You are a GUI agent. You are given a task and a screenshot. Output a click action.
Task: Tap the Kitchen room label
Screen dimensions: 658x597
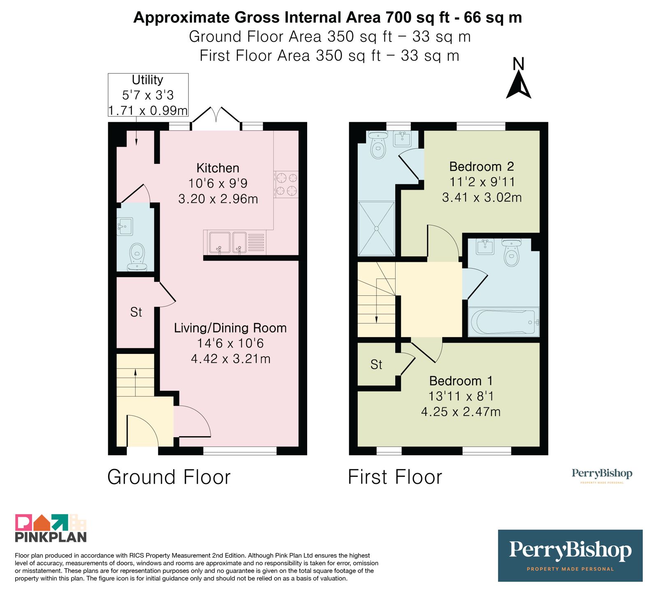point(218,168)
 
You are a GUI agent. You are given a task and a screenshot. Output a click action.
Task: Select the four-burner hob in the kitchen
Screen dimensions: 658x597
point(286,184)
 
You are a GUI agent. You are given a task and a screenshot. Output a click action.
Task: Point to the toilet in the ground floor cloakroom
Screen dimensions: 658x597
point(137,257)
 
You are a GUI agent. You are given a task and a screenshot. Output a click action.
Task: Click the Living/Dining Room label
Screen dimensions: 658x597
point(230,328)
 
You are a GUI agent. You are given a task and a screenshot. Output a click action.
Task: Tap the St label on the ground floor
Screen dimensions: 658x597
point(136,312)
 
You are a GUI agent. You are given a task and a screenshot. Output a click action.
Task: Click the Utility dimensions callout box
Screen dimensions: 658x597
point(148,95)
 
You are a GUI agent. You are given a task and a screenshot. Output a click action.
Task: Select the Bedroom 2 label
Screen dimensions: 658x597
point(482,167)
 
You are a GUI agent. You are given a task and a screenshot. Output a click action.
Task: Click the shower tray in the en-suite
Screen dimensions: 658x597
point(376,228)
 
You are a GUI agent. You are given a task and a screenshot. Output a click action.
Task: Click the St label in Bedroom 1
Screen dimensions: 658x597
point(376,365)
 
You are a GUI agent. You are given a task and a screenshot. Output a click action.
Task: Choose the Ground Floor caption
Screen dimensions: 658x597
point(169,477)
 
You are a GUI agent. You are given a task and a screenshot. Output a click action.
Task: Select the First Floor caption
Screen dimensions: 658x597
point(395,477)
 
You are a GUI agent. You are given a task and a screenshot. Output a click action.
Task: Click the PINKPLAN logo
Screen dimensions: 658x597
point(51,528)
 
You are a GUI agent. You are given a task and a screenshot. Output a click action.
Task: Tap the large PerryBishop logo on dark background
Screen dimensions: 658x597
point(570,555)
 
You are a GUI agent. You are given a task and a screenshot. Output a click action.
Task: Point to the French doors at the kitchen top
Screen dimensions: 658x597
point(216,118)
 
